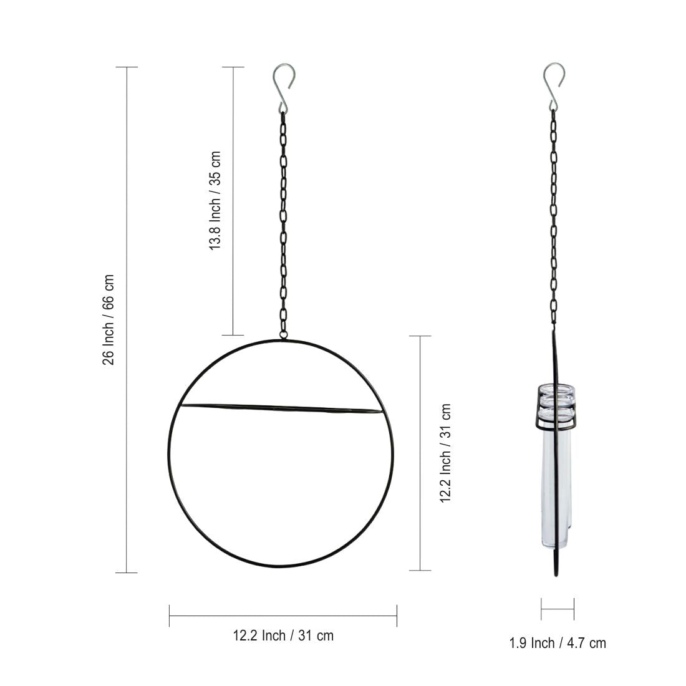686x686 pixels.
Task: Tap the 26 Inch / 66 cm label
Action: (109, 319)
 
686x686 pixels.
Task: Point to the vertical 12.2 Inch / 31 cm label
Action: (445, 453)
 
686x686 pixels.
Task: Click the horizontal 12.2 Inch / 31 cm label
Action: (283, 635)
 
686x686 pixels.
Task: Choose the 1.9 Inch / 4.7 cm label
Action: (557, 642)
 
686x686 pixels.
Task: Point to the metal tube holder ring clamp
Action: (556, 408)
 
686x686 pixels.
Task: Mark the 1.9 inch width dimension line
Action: (557, 609)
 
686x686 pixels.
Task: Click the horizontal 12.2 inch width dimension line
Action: (283, 616)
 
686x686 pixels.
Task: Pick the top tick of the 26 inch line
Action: (127, 67)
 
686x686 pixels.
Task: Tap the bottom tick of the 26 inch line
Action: (127, 572)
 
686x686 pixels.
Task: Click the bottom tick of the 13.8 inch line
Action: (233, 336)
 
